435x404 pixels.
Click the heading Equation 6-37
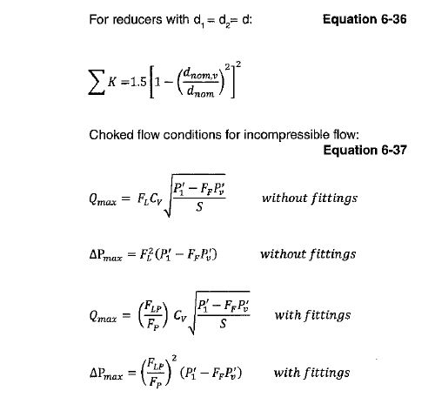coord(363,150)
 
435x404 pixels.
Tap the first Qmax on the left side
coord(107,199)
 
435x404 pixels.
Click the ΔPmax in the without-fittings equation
coord(110,256)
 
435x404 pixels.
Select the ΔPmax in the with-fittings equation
coord(110,374)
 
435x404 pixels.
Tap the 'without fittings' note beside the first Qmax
coord(309,198)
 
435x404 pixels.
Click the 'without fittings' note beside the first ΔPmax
coord(308,255)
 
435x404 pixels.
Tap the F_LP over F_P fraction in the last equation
coord(157,374)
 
